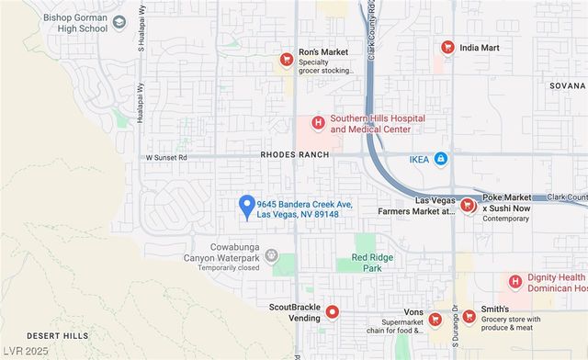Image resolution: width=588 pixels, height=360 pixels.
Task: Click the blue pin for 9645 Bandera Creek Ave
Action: point(246,207)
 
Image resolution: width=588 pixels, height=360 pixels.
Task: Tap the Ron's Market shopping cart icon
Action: point(286,60)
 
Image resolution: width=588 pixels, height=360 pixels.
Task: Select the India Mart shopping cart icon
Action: point(447,48)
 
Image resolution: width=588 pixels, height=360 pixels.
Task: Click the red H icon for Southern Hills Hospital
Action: point(318,123)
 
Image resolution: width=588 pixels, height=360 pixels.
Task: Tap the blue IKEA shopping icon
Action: point(440,159)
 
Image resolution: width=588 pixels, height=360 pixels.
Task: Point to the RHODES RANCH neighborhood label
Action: point(295,155)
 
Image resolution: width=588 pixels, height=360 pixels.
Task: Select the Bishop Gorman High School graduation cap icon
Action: point(119,21)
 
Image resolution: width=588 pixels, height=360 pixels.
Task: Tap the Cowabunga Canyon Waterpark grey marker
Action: point(271,256)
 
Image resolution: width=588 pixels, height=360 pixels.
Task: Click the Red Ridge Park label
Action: point(372,263)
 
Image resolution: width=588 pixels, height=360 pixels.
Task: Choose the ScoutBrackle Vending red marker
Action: point(333,312)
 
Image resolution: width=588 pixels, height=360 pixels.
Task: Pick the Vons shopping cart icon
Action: point(435,319)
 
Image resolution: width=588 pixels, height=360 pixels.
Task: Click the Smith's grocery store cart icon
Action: point(469,317)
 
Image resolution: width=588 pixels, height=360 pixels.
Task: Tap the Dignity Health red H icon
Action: point(514,282)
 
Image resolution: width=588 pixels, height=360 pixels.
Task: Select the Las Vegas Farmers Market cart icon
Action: point(467,205)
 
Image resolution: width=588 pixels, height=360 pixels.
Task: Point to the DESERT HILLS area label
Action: point(58,335)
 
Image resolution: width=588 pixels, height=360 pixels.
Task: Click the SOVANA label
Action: point(567,85)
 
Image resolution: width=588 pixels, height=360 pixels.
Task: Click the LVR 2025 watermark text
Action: point(25,352)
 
